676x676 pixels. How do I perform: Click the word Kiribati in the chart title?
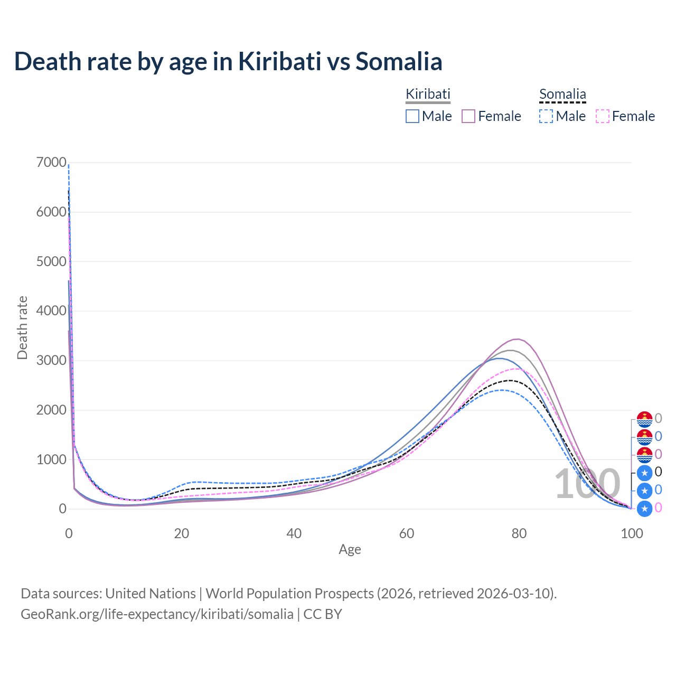(x=279, y=61)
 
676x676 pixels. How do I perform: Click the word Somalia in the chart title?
(x=399, y=61)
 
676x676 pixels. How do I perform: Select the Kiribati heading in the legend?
(x=428, y=94)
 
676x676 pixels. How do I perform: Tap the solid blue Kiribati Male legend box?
(x=412, y=116)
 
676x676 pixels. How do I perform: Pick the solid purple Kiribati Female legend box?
(x=468, y=116)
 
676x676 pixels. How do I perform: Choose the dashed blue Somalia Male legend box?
(x=546, y=116)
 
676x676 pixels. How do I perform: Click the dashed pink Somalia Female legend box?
(x=603, y=116)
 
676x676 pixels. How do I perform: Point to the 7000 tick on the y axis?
(x=51, y=162)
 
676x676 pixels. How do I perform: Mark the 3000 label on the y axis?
(x=51, y=360)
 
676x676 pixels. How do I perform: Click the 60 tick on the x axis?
(x=407, y=533)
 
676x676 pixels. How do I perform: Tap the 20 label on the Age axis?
(x=182, y=533)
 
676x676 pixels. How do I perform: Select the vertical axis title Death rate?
(x=22, y=328)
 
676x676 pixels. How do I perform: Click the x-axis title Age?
(x=350, y=549)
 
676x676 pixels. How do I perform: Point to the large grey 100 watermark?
(x=587, y=484)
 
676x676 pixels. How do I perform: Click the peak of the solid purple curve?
(x=518, y=339)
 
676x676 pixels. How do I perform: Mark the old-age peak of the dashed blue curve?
(x=502, y=390)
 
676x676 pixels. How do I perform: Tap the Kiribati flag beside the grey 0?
(x=645, y=419)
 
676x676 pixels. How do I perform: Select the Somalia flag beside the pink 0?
(x=645, y=509)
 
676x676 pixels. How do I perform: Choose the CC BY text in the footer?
(x=323, y=614)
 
